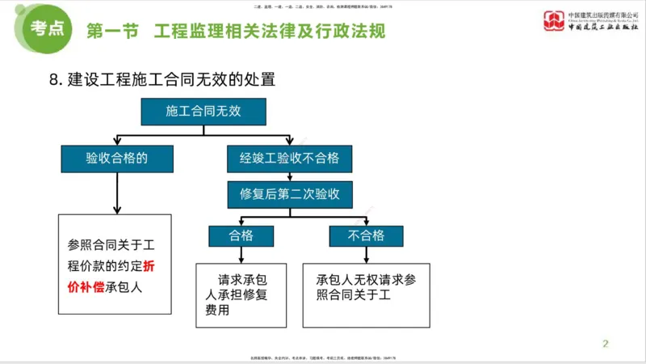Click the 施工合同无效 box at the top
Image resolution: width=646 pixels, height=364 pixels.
(203, 112)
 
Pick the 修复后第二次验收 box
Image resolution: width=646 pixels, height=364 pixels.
(289, 194)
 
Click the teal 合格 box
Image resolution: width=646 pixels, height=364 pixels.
(241, 235)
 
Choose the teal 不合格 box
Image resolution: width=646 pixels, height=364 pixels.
(364, 235)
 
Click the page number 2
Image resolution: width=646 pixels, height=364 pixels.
(605, 344)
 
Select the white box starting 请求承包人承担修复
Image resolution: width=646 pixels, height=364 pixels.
(241, 294)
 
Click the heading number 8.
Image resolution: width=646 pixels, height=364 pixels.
(55, 79)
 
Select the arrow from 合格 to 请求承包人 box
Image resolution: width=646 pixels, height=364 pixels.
(241, 253)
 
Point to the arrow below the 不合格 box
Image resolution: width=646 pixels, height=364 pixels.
(365, 253)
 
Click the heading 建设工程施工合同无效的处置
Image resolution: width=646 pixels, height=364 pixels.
(172, 79)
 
